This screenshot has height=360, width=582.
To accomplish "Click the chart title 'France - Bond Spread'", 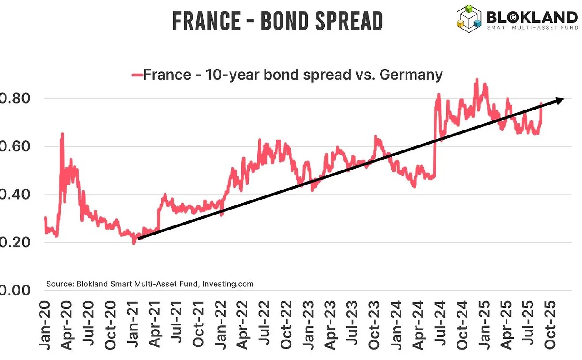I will (277, 21).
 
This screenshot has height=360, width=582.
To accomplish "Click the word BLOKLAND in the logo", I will (532, 17).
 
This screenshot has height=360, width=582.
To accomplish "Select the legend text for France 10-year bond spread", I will (293, 74).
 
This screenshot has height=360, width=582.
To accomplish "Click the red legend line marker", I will (136, 75).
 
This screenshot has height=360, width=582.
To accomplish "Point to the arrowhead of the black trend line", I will (560, 99).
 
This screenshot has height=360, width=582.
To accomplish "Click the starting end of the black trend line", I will (139, 238).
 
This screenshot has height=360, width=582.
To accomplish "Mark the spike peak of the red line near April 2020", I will (62, 134).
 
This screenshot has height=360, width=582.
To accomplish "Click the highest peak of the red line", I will (477, 79).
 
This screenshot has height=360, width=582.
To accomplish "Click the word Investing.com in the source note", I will (227, 284).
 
